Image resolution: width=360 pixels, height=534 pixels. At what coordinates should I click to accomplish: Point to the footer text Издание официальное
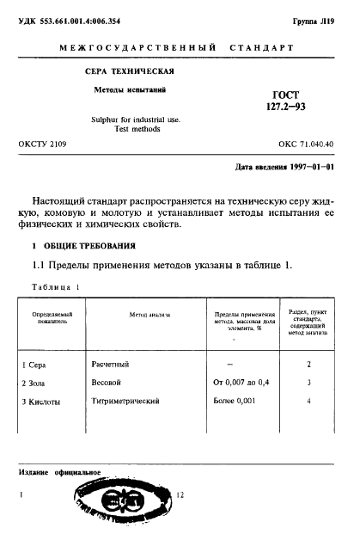(x=59, y=472)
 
